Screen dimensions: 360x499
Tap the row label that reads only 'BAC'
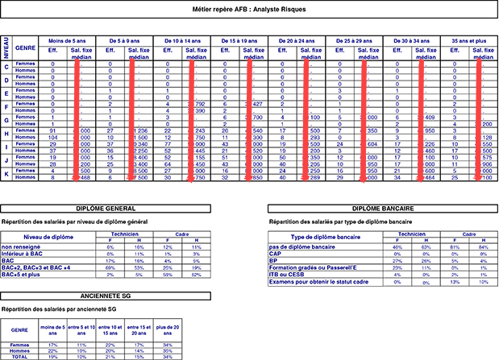[8, 261]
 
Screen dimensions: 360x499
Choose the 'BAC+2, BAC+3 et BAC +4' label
[36, 267]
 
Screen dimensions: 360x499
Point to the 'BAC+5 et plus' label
[21, 275]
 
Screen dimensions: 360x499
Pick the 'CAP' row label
[275, 254]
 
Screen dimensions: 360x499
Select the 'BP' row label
[273, 261]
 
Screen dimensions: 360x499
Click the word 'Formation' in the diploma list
[283, 267]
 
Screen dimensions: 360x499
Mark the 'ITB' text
[273, 275]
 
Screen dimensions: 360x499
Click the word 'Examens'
[282, 282]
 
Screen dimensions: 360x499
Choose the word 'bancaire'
[322, 246]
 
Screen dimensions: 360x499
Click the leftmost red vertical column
[76, 121]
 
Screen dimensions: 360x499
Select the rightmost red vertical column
[478, 121]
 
